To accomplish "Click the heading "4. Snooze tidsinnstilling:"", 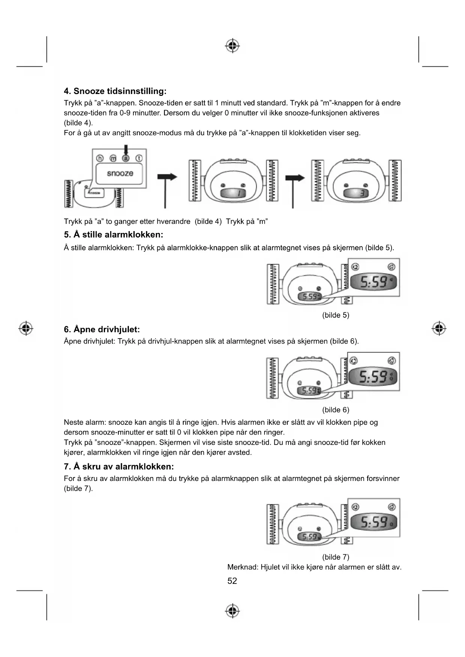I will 115,91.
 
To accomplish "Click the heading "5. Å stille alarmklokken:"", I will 114,234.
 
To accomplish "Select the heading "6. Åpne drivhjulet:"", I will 102,329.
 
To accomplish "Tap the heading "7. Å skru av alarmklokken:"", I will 119,466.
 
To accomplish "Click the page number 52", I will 232,581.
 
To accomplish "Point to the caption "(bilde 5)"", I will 335,315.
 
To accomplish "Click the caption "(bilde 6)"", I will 335,410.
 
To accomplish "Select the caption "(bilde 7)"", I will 335,557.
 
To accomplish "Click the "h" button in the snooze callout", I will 100,158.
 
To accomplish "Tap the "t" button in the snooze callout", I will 139,158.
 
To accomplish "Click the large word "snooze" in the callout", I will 120,173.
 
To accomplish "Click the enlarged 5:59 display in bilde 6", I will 373,376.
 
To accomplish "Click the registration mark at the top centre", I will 232,46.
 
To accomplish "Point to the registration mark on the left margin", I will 26,328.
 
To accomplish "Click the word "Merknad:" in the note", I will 242,567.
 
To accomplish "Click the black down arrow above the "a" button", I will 126,149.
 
